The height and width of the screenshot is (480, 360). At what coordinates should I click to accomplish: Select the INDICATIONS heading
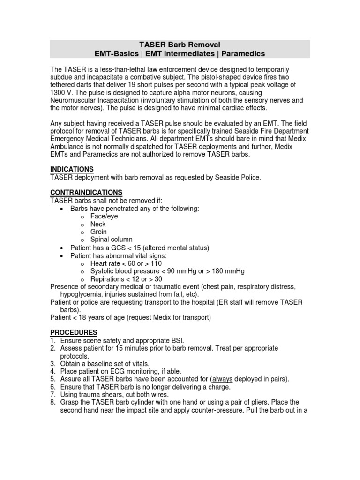[x=72, y=169]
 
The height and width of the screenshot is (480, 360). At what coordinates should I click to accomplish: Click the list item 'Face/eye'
[x=104, y=217]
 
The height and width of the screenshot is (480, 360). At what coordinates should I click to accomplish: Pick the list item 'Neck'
[x=98, y=224]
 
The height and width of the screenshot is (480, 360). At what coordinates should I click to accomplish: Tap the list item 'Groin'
[x=98, y=232]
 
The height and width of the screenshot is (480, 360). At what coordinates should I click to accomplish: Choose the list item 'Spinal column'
[x=112, y=240]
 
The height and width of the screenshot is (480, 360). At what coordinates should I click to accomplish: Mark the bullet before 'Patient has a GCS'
[x=63, y=247]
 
